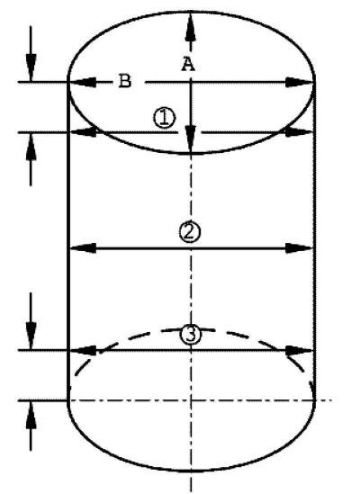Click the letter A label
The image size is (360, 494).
click(188, 65)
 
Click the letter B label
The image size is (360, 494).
click(125, 81)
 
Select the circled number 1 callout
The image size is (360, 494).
click(164, 118)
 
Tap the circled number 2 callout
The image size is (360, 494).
click(190, 232)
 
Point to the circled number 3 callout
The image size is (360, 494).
click(191, 334)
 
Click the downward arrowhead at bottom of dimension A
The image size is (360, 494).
click(191, 139)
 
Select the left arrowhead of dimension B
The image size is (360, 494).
click(83, 82)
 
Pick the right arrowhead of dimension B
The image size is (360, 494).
click(299, 83)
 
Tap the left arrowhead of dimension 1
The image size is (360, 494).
click(84, 132)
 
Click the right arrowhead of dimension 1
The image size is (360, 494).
click(299, 132)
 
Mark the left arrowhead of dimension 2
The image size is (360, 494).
click(83, 248)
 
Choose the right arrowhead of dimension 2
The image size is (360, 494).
click(299, 248)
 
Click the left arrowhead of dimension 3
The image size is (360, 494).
click(83, 350)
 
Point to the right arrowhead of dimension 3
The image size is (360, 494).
click(299, 350)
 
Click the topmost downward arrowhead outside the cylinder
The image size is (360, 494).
click(31, 67)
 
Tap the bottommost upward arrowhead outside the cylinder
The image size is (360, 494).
click(31, 415)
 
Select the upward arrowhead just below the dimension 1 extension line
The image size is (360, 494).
click(31, 147)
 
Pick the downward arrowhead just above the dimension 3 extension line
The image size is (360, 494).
click(31, 336)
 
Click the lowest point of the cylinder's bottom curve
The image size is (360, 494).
click(191, 471)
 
